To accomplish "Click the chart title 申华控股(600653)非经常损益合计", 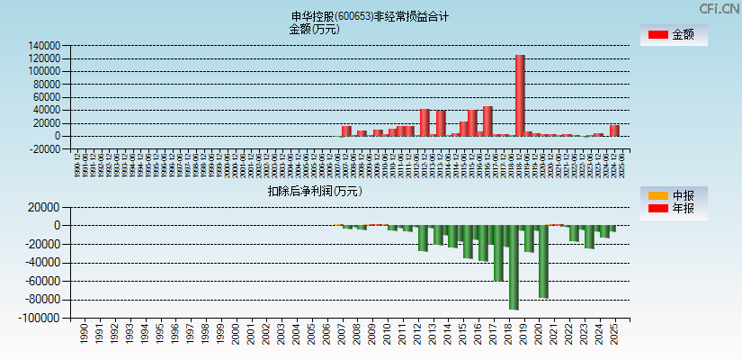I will (x=371, y=16).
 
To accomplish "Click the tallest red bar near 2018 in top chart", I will (x=520, y=95).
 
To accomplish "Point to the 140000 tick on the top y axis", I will (x=44, y=46).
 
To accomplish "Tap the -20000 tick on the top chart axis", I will (x=44, y=149).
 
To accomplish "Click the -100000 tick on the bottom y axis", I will (x=41, y=319).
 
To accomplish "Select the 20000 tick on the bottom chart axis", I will (x=44, y=207).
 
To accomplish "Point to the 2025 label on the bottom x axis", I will (x=614, y=335).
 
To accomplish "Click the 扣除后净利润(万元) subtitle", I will (x=315, y=191).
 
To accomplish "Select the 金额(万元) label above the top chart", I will (x=314, y=29).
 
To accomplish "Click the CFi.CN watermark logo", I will (x=719, y=8).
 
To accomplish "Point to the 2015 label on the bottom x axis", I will (x=462, y=335).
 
